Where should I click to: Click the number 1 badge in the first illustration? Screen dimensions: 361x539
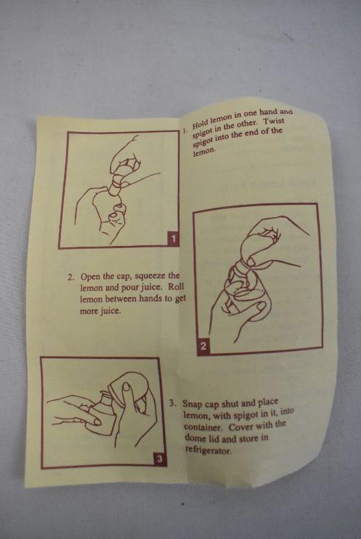(x=173, y=239)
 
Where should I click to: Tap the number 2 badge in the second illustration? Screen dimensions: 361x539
(x=203, y=346)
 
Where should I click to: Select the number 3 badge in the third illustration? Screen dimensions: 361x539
(x=159, y=459)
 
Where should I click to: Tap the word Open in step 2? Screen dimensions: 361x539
(x=90, y=277)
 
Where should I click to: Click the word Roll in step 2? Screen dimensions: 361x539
(x=177, y=286)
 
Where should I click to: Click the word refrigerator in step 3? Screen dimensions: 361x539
(x=209, y=450)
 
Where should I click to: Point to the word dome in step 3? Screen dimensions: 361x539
(x=195, y=438)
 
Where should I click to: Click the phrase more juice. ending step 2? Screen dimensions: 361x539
(x=100, y=311)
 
